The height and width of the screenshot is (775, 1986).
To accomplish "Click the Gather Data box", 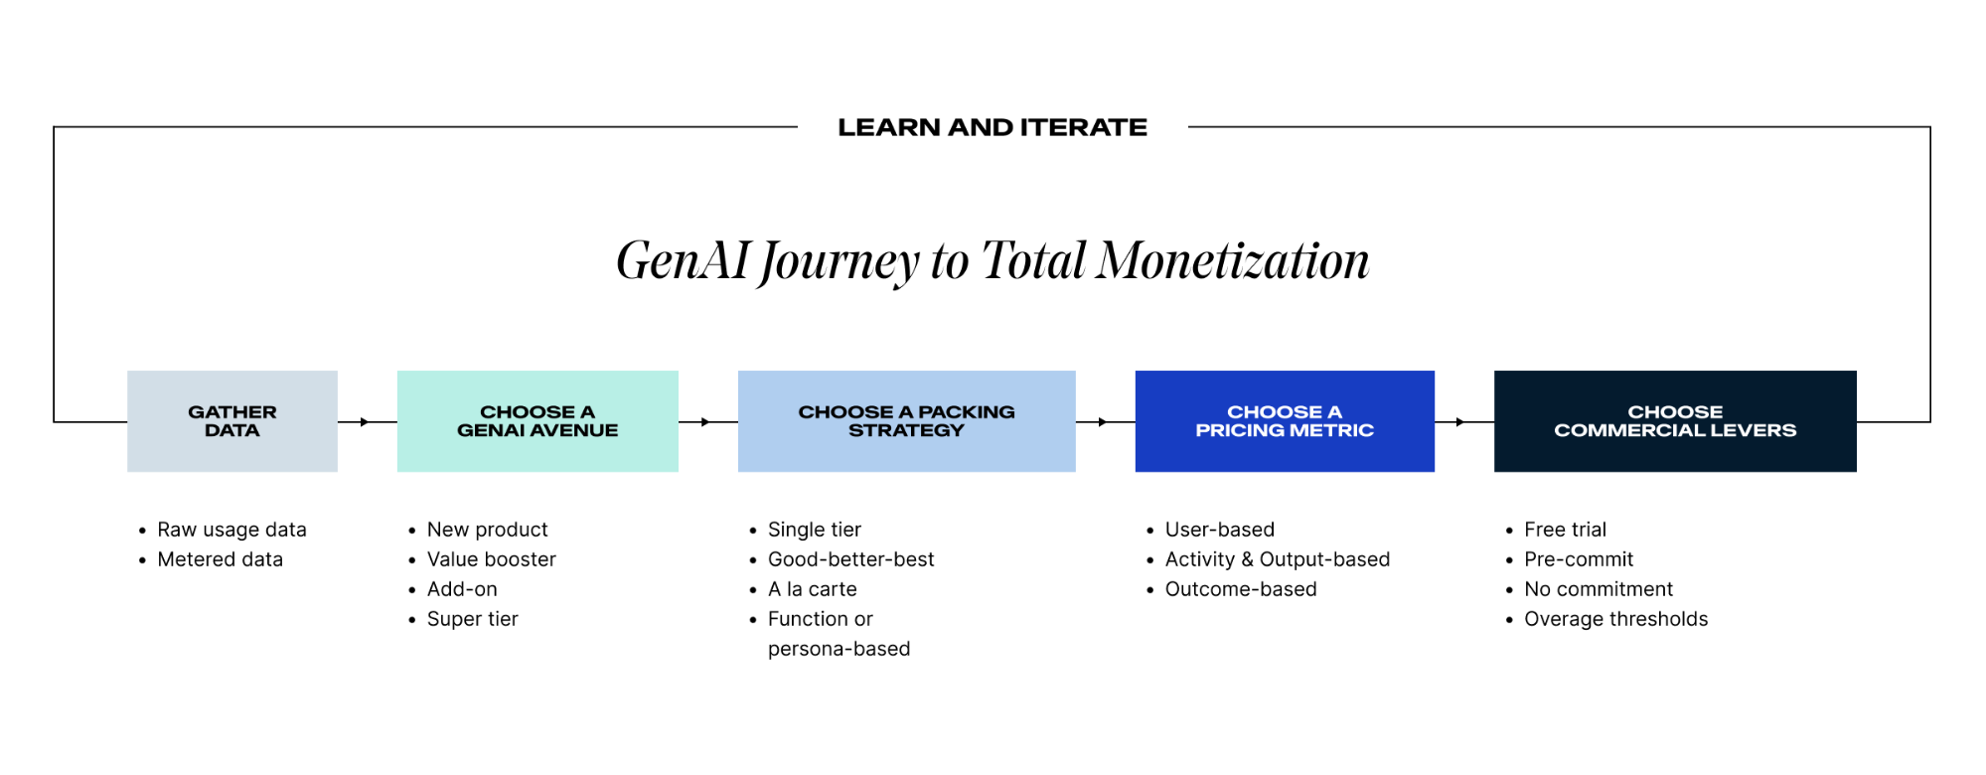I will [x=231, y=421].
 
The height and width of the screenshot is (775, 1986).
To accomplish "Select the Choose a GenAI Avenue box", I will [x=537, y=421].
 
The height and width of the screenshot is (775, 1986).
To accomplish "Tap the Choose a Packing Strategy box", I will [x=906, y=421].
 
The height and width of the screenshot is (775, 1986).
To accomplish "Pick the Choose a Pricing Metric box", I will [x=1284, y=421].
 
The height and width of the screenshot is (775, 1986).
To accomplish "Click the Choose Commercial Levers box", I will [x=1675, y=421].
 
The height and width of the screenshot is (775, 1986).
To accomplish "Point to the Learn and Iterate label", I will [x=992, y=127].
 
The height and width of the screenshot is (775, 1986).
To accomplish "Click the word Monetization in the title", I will [x=1232, y=260].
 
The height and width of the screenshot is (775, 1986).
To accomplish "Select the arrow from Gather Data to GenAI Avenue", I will [x=365, y=422].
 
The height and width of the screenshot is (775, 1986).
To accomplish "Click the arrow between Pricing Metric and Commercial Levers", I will [x=1460, y=422].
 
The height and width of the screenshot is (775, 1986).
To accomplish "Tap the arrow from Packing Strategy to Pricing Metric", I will [x=1103, y=422].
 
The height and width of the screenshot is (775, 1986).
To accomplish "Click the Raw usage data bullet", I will [x=231, y=530].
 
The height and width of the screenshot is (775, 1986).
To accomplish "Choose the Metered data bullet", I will [x=220, y=559].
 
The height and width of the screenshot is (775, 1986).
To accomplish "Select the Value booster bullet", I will [x=491, y=559].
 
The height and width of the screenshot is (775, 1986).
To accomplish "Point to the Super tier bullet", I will [x=472, y=619].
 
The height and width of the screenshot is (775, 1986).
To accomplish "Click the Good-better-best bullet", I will [x=850, y=559].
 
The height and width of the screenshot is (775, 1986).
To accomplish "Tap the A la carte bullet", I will [x=812, y=589].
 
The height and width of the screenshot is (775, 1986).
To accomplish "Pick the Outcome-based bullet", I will [x=1240, y=589].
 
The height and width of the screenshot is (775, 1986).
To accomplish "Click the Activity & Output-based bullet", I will [x=1277, y=559].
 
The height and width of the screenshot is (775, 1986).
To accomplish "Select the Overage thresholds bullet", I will [x=1615, y=619].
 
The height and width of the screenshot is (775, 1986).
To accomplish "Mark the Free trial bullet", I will [x=1565, y=530].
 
